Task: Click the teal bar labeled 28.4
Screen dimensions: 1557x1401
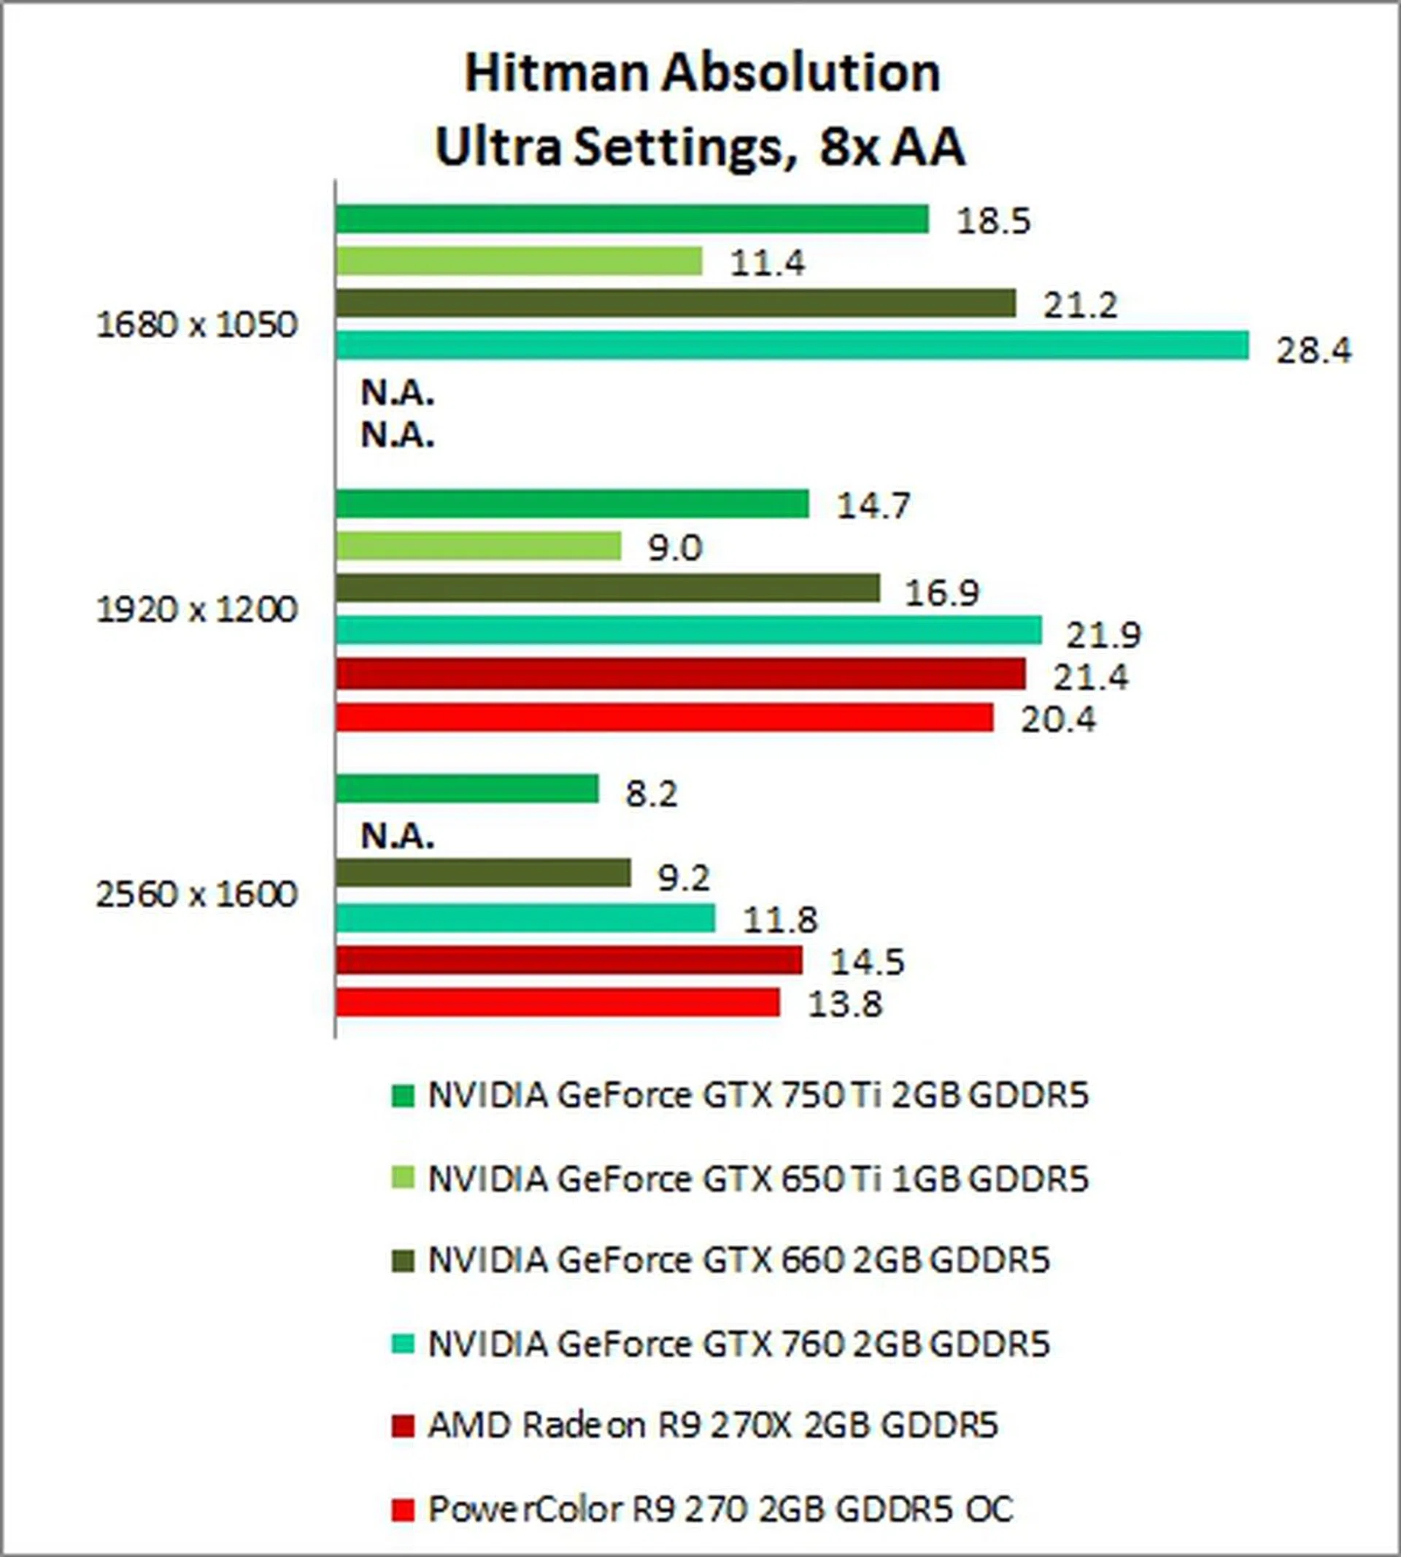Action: point(791,345)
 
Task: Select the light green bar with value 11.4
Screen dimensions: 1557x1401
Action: point(519,261)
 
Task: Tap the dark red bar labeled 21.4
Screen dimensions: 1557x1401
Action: point(681,674)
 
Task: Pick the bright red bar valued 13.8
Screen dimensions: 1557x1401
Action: point(557,1002)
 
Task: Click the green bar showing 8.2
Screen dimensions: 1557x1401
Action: point(467,788)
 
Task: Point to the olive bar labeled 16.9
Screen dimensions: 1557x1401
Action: point(607,588)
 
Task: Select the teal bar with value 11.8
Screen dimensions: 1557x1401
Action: point(525,918)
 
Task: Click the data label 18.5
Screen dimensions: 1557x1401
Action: point(993,222)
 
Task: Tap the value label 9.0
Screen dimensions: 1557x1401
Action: point(675,548)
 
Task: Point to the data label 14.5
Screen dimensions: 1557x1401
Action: point(867,963)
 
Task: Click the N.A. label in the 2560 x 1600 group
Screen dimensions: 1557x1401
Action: point(397,837)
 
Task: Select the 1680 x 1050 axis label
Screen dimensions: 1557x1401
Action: point(196,325)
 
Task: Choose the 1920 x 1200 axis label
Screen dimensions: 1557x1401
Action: point(196,610)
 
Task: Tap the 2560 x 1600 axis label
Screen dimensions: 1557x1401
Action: point(196,895)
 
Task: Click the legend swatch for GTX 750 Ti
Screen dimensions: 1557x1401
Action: point(402,1096)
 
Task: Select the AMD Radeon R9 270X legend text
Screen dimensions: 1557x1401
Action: point(713,1426)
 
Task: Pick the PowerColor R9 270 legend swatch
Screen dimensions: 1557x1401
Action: point(402,1510)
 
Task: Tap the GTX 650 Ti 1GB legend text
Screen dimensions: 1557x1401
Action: point(758,1179)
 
